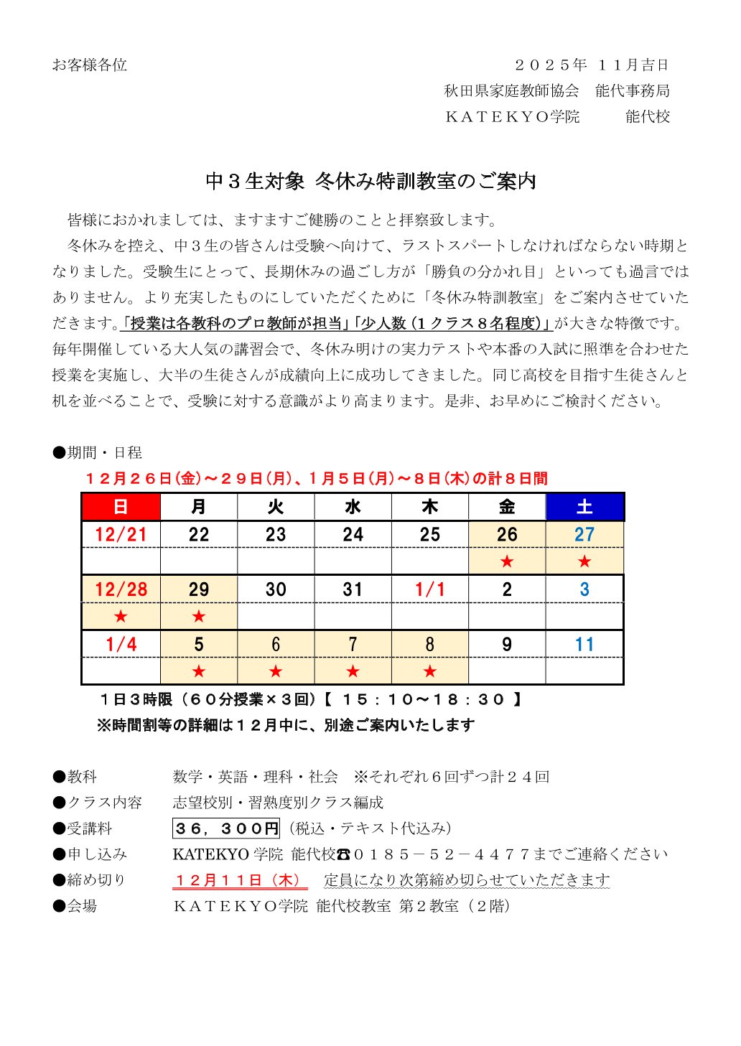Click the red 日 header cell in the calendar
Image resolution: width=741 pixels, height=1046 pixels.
tap(121, 507)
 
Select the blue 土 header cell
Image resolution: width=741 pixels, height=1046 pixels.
tap(584, 507)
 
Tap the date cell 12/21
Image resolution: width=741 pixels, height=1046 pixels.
tap(121, 534)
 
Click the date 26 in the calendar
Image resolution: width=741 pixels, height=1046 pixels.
tap(507, 534)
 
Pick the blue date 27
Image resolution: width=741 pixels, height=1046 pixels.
tap(584, 534)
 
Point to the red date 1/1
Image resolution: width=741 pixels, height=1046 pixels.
tap(429, 589)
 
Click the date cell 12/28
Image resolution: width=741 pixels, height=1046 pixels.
tap(121, 589)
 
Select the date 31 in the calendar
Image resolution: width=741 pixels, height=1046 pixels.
tap(353, 589)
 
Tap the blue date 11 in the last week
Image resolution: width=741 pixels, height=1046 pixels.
tap(584, 645)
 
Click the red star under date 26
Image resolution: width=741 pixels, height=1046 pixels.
tap(507, 561)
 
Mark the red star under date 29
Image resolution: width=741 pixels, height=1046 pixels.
tap(199, 617)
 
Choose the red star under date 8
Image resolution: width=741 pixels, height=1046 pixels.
tap(429, 672)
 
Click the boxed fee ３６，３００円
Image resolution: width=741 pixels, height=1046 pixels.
tap(226, 828)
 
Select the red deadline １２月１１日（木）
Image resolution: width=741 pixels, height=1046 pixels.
tap(239, 880)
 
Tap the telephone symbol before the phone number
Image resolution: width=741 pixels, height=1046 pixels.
tap(343, 855)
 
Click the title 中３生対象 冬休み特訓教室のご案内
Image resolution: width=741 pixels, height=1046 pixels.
tap(370, 181)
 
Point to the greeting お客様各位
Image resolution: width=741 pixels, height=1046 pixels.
tap(89, 65)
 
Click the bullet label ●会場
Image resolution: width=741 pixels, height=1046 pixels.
tap(75, 906)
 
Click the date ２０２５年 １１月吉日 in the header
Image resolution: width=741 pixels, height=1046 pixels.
tap(592, 65)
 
